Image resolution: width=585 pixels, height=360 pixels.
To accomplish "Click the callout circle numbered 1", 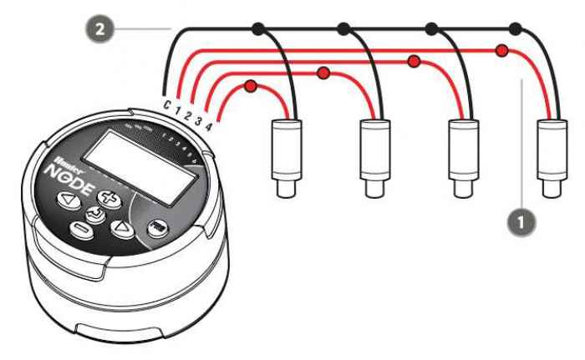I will pos(521,223).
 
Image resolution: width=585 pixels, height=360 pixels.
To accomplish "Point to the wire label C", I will pos(167,105).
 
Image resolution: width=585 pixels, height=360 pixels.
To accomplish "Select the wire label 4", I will pos(208,126).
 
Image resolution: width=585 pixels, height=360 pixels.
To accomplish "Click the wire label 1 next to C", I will pos(178,110).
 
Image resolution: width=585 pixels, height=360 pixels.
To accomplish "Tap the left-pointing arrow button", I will pos(67,200).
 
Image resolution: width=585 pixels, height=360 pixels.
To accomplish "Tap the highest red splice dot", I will pos(501,50).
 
